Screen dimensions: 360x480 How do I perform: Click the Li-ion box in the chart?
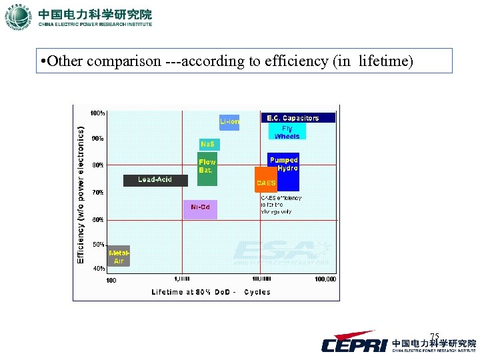tap(229, 121)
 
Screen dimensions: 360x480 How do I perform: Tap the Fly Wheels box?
tap(287, 132)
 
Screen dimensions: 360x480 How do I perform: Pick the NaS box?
tap(209, 144)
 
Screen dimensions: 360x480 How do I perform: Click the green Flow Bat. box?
tap(207, 167)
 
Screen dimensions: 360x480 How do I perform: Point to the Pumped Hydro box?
tap(283, 164)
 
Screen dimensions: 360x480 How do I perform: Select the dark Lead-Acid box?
tap(155, 180)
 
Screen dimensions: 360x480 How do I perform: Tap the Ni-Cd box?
tap(200, 208)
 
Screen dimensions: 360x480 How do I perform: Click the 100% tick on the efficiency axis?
tap(97, 113)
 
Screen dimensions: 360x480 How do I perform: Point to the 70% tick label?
tap(98, 192)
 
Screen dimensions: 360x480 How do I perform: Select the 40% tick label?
tap(98, 269)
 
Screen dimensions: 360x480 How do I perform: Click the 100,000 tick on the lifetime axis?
tap(325, 280)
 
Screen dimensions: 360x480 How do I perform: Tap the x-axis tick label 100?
tap(111, 280)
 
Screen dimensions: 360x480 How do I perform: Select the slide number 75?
tap(435, 336)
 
